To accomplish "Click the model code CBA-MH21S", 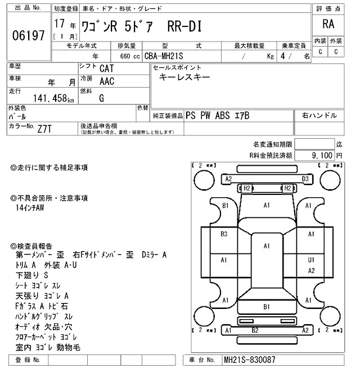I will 167,56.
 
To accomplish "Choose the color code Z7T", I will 46,129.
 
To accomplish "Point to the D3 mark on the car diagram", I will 305,179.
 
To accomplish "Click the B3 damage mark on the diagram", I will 224,234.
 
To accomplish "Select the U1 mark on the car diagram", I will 310,260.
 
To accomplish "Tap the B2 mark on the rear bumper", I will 254,330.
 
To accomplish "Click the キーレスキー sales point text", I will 184,78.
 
